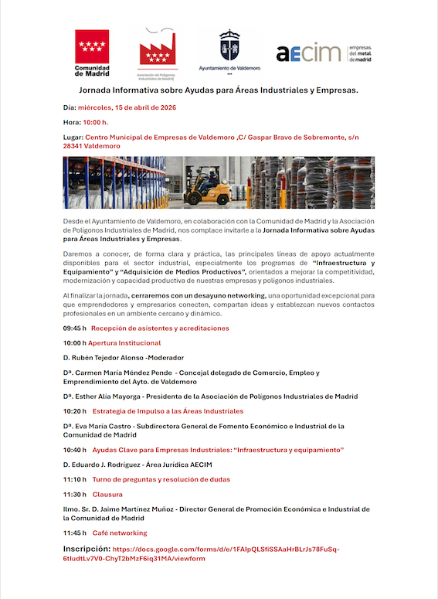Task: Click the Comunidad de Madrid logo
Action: point(91,53)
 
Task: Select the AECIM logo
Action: point(308,53)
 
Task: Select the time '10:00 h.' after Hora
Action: point(95,122)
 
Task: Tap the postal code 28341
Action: point(78,145)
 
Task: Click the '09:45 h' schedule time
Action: point(75,328)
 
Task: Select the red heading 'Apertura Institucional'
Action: point(124,342)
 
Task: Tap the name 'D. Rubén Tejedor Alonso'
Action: point(107,358)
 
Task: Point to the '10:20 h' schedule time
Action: point(75,411)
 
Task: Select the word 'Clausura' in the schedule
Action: point(107,494)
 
